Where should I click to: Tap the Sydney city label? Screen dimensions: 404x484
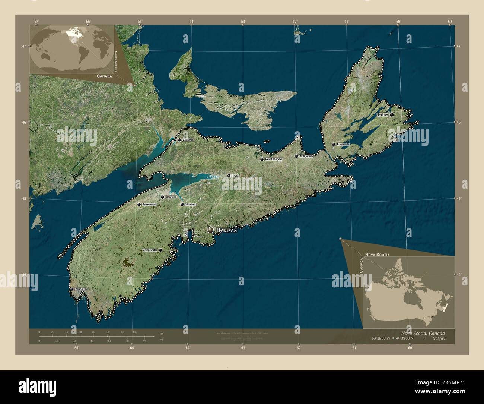(x=382, y=115)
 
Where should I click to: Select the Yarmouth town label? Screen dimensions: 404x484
(x=81, y=289)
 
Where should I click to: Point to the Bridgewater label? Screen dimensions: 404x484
(x=150, y=250)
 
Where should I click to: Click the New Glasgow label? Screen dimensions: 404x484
(x=274, y=159)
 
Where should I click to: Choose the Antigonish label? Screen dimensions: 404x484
(x=306, y=157)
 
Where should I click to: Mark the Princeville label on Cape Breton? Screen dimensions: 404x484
(x=343, y=144)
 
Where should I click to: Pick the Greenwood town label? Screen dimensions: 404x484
(x=149, y=204)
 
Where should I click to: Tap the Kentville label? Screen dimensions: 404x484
(x=171, y=197)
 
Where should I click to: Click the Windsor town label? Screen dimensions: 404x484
(x=190, y=205)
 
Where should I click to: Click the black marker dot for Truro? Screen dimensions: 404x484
(x=229, y=176)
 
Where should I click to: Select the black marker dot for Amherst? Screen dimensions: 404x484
(x=179, y=140)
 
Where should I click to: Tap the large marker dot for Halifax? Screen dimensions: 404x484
(x=211, y=230)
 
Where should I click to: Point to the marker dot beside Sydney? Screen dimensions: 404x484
(x=392, y=115)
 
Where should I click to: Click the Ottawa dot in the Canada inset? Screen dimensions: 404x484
(x=432, y=316)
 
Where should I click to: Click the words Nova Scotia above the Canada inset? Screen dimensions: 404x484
(x=378, y=255)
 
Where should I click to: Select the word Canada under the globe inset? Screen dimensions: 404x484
(x=104, y=76)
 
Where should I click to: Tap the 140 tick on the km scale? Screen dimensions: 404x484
(x=135, y=332)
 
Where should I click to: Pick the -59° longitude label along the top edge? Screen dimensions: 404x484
(x=450, y=22)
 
